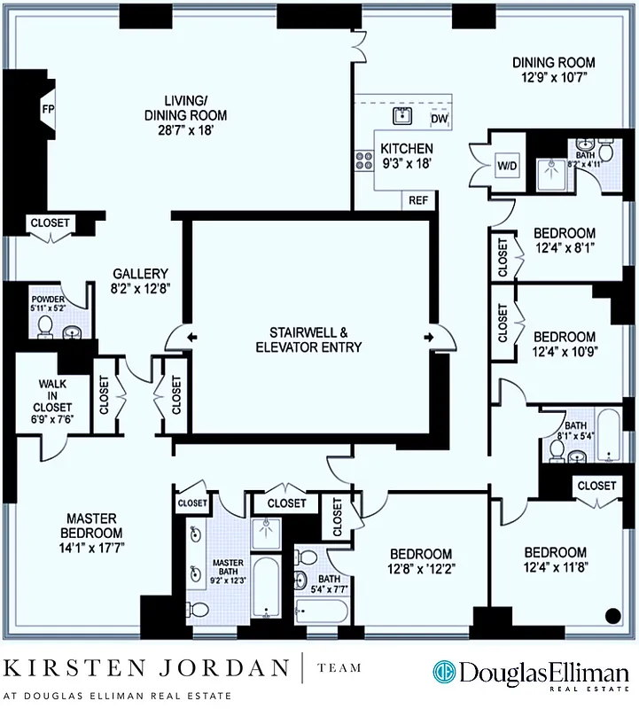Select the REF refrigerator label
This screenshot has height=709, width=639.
[419, 199]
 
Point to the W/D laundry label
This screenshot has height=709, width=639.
[505, 165]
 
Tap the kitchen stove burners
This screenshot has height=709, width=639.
[363, 160]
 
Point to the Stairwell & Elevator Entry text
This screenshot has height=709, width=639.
[308, 339]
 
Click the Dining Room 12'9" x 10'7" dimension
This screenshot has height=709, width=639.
[554, 79]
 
